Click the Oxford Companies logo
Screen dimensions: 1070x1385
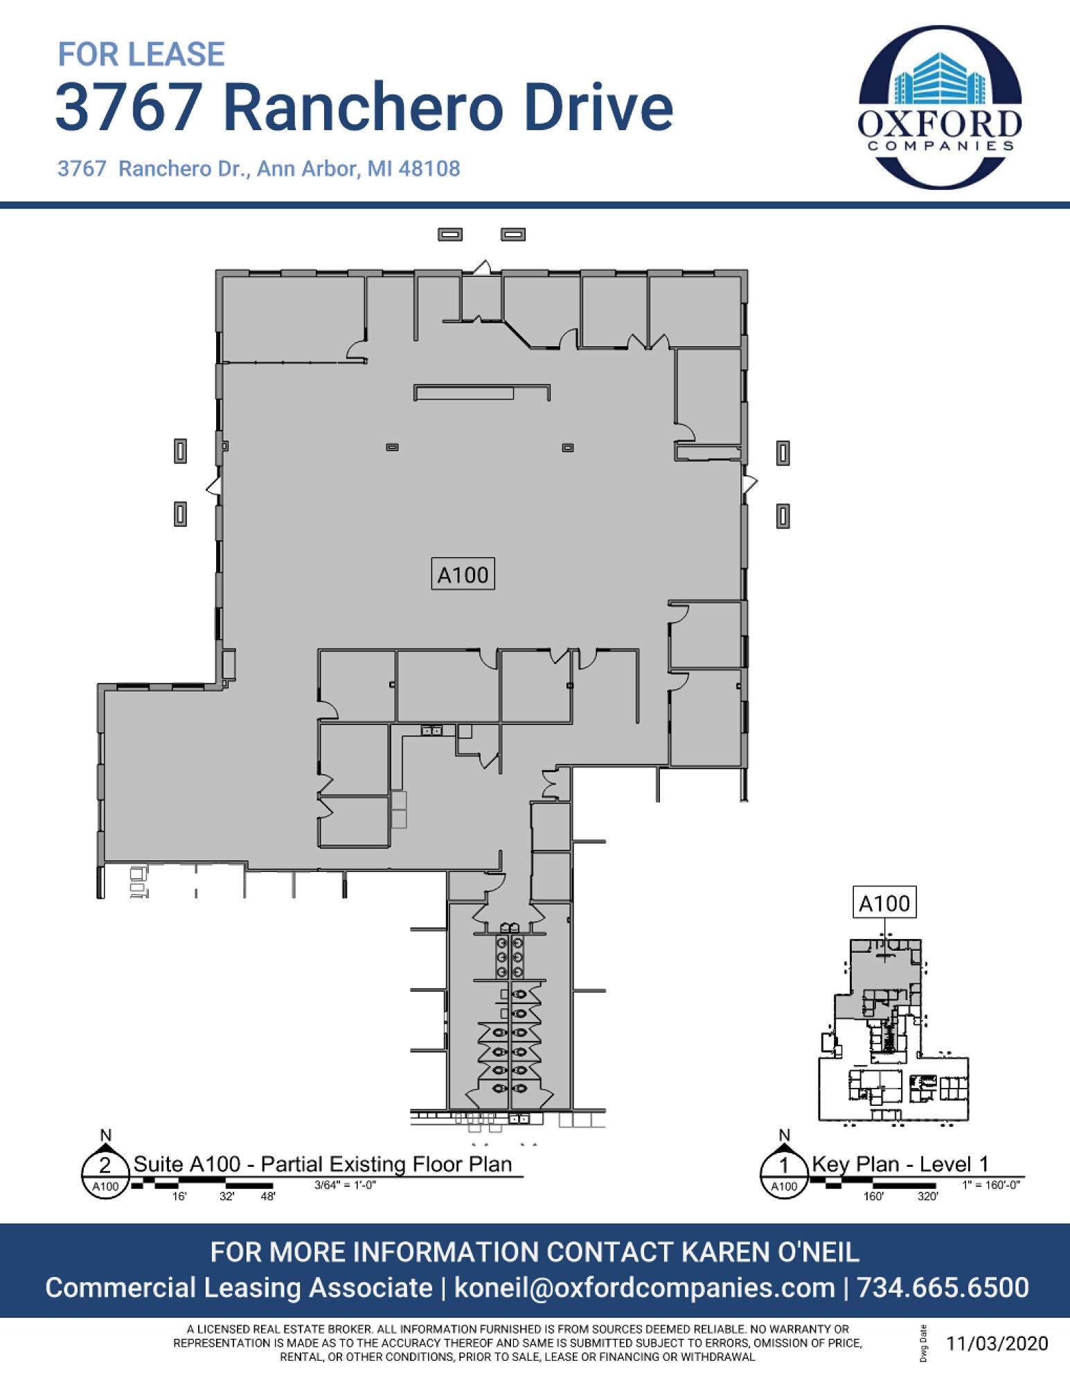click(940, 107)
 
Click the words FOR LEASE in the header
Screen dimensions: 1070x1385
click(141, 54)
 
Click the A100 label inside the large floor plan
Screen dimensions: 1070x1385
click(463, 574)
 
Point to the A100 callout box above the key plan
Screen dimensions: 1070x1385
click(884, 902)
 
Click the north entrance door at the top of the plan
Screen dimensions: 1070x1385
click(483, 267)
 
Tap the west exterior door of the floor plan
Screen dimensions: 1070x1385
click(213, 485)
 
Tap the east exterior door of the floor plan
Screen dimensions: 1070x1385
click(750, 483)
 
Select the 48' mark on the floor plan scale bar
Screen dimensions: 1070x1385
click(267, 1196)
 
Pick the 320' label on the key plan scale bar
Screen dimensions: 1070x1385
click(927, 1196)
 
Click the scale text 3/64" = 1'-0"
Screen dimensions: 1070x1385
click(345, 1185)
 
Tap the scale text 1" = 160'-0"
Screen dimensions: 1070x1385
click(991, 1185)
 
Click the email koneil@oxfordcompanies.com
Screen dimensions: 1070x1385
click(644, 1288)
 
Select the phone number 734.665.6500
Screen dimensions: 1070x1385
click(943, 1288)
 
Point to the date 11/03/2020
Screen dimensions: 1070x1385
click(997, 1343)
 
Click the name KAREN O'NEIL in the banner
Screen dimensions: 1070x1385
click(771, 1252)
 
